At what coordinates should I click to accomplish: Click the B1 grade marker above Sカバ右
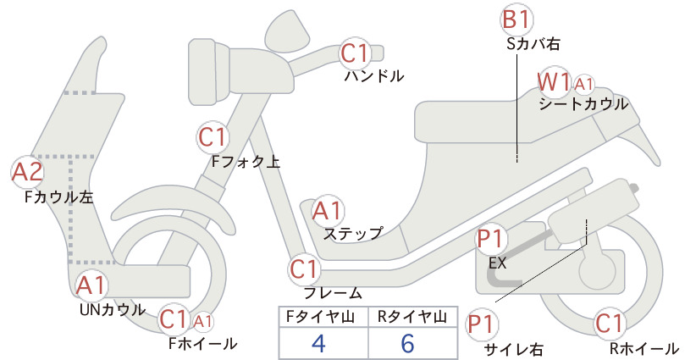coord(516,20)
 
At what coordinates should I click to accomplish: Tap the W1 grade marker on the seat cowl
coord(554,82)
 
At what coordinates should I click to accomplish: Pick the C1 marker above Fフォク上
coord(213,137)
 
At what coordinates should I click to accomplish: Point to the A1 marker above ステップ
coord(328,211)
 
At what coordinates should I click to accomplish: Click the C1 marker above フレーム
coord(304,269)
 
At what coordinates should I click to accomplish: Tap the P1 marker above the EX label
coord(491,239)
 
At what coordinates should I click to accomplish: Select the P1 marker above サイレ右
coord(482,324)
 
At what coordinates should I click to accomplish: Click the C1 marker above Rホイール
coord(610,324)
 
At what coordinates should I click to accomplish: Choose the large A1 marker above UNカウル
coord(91,285)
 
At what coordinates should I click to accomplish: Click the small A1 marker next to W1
coord(584,84)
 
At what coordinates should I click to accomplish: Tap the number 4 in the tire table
coord(318,343)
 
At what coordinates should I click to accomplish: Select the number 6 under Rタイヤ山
coord(407,343)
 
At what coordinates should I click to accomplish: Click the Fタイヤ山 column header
coord(320,317)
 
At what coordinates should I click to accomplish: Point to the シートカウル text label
coord(583,105)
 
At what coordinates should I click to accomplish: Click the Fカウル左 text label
coord(59,197)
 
